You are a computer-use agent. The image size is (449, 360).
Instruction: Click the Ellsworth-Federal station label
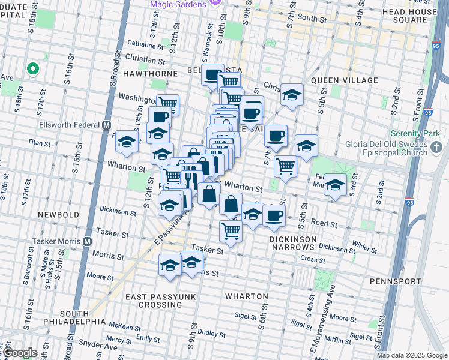point(68,125)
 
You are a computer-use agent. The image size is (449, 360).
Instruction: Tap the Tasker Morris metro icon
point(87,241)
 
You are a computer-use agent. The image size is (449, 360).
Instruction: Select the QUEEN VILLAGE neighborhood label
point(344,80)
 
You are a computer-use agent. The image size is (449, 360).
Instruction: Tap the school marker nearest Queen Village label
point(292,95)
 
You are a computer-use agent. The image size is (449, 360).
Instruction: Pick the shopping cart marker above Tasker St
point(231,231)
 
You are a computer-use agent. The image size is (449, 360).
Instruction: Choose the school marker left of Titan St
point(127,142)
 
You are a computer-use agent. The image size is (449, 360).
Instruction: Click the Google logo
point(20,353)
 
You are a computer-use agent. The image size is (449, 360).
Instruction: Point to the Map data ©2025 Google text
point(411,355)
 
